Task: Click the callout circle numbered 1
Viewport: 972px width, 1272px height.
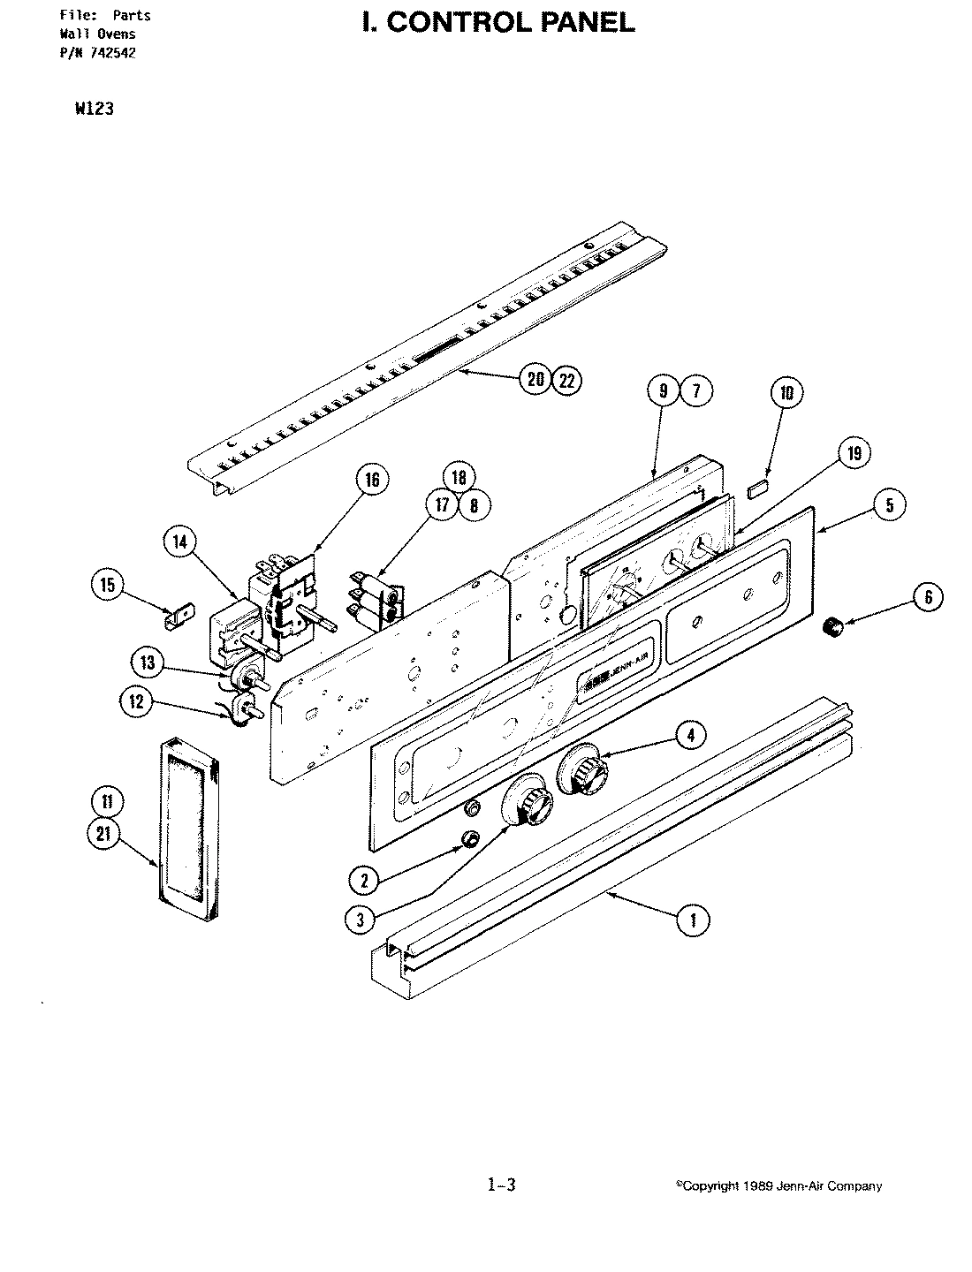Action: coord(693,920)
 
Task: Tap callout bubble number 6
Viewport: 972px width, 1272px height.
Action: coord(928,598)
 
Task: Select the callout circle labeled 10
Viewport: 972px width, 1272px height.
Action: coord(786,393)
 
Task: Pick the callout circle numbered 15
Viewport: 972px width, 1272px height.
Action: coord(107,584)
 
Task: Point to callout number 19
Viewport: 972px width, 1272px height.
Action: coord(854,454)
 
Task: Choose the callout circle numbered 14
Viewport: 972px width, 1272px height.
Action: coord(180,542)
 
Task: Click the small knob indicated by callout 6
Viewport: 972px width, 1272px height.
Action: coord(831,627)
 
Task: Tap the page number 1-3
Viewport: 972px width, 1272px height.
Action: coord(500,1185)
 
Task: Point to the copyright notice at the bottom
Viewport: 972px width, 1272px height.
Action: coord(778,1186)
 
